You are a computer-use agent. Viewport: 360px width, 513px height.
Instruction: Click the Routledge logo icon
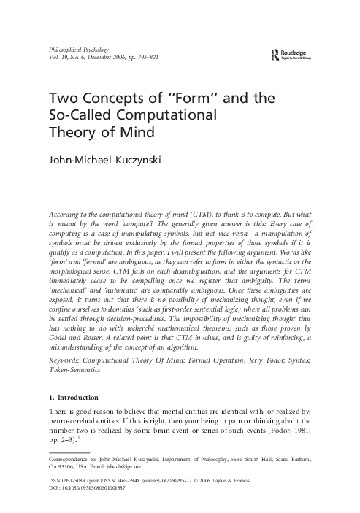click(x=275, y=53)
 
